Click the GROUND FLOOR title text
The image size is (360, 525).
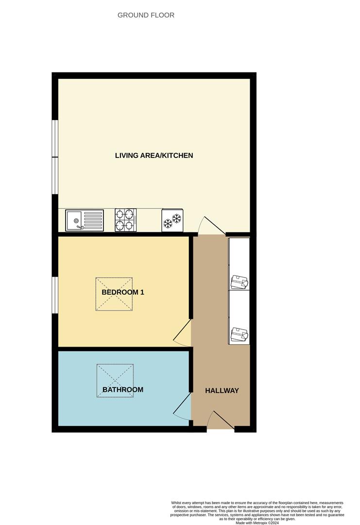(x=146, y=15)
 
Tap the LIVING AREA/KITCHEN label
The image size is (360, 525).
(x=154, y=156)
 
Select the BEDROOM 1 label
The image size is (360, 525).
(x=123, y=292)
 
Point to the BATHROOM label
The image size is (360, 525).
(x=123, y=389)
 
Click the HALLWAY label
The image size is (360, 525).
(x=222, y=390)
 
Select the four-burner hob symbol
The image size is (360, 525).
(x=125, y=220)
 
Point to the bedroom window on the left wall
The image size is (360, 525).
(x=55, y=295)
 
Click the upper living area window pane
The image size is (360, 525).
(x=55, y=139)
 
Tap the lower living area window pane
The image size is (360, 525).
(x=55, y=175)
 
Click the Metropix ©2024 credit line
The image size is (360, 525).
(x=257, y=523)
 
